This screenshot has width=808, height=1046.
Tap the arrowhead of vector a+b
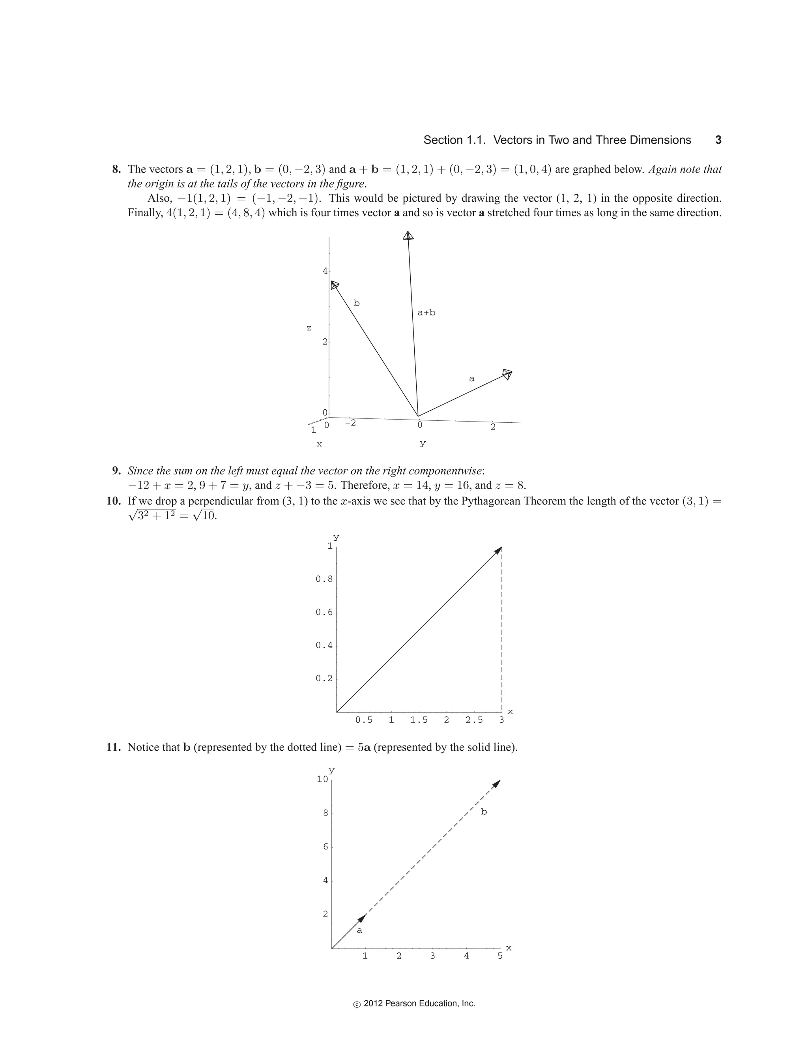click(408, 235)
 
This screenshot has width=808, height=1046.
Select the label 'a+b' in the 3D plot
click(426, 313)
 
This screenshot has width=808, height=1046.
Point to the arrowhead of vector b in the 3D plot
click(335, 285)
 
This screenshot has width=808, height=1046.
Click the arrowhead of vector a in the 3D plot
click(507, 373)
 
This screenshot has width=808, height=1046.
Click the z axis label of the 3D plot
click(309, 328)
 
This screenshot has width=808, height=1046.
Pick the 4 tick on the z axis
click(325, 271)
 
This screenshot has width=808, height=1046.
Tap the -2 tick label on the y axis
click(350, 423)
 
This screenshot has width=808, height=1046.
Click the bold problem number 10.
click(114, 501)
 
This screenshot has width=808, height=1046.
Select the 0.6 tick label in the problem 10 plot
click(324, 613)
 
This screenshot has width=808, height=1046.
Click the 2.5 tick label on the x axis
click(474, 720)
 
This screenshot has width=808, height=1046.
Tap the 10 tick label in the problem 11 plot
click(322, 779)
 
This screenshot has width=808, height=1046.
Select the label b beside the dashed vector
click(483, 812)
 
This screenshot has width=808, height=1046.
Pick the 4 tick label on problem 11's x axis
click(466, 956)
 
